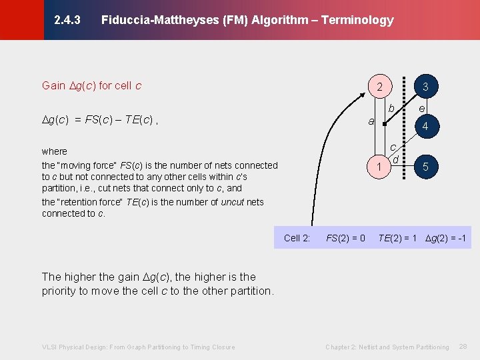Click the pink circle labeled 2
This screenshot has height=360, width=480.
point(379,87)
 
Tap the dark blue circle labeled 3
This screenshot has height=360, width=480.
point(425,87)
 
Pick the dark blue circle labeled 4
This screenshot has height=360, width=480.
point(425,127)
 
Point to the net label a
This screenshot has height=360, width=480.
point(371,121)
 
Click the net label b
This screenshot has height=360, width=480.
point(392,109)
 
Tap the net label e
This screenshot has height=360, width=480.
point(421,107)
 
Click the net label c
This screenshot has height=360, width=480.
point(393,147)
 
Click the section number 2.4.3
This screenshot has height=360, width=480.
point(67,20)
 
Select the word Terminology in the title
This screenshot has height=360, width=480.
point(357,20)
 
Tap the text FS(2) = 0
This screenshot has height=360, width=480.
point(345,238)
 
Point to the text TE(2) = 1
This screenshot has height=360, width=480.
point(397,238)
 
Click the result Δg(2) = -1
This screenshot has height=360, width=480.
point(446,238)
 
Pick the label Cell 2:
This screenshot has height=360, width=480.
point(297,238)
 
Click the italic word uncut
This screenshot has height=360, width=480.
point(233,202)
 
